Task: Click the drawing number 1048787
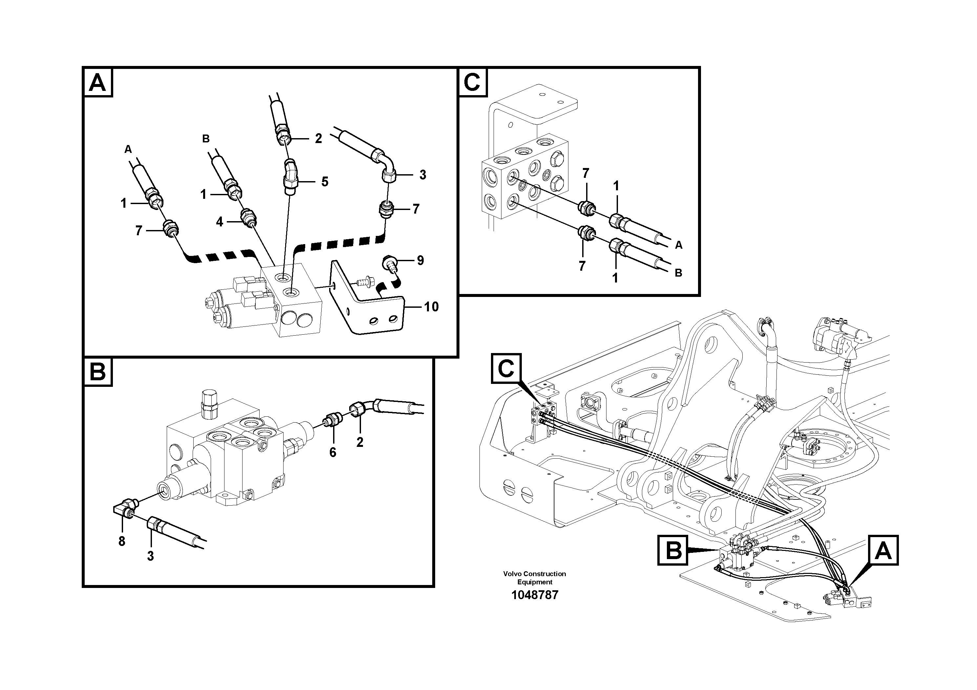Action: point(535,595)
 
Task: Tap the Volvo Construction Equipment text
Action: point(535,578)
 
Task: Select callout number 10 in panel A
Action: point(431,307)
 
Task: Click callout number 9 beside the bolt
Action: point(420,260)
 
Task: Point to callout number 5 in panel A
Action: point(325,182)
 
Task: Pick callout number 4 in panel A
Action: point(219,222)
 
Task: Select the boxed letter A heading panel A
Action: point(98,83)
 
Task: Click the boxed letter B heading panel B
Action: point(98,372)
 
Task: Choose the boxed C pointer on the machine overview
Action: point(506,368)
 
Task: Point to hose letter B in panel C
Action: point(678,273)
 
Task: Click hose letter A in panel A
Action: point(128,149)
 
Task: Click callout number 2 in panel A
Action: point(318,138)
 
